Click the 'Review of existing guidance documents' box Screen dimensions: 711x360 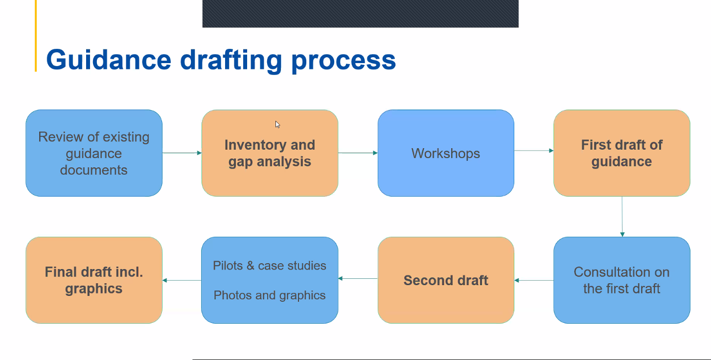point(94,153)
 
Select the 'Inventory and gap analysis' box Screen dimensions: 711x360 point(270,153)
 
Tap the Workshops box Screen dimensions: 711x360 point(446,153)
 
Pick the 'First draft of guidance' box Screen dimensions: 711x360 point(622,153)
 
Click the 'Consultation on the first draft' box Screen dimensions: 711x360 point(622,280)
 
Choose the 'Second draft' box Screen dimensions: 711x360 point(446,280)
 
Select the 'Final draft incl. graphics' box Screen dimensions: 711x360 point(94,280)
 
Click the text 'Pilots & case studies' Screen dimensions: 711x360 point(270,266)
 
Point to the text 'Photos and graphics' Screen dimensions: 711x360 point(270,295)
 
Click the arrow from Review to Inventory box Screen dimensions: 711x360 point(182,153)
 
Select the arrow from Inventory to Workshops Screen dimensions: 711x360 point(358,153)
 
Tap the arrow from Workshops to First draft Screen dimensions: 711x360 point(534,151)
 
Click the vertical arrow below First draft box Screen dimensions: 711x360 point(622,217)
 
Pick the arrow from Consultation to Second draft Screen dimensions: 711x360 point(534,280)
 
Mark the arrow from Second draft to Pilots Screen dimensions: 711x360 point(358,278)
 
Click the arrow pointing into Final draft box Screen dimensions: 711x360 point(182,280)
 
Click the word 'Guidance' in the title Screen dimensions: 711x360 point(109,60)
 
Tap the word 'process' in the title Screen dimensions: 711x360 point(344,62)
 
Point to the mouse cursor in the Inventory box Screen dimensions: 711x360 point(277,124)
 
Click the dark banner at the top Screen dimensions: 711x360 point(361,14)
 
